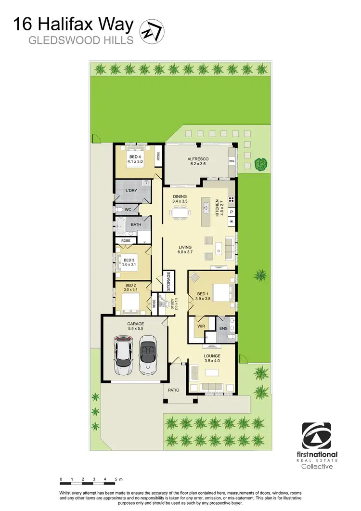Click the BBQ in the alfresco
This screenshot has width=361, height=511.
(x=232, y=161)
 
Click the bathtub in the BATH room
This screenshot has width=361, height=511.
(x=122, y=225)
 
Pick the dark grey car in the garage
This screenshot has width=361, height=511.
(x=147, y=356)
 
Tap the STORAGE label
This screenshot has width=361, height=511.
(x=168, y=281)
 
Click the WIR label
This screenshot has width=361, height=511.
(x=201, y=326)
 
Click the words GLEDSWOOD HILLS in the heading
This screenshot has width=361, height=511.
(x=81, y=40)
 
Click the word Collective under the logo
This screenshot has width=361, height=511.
(x=317, y=467)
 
